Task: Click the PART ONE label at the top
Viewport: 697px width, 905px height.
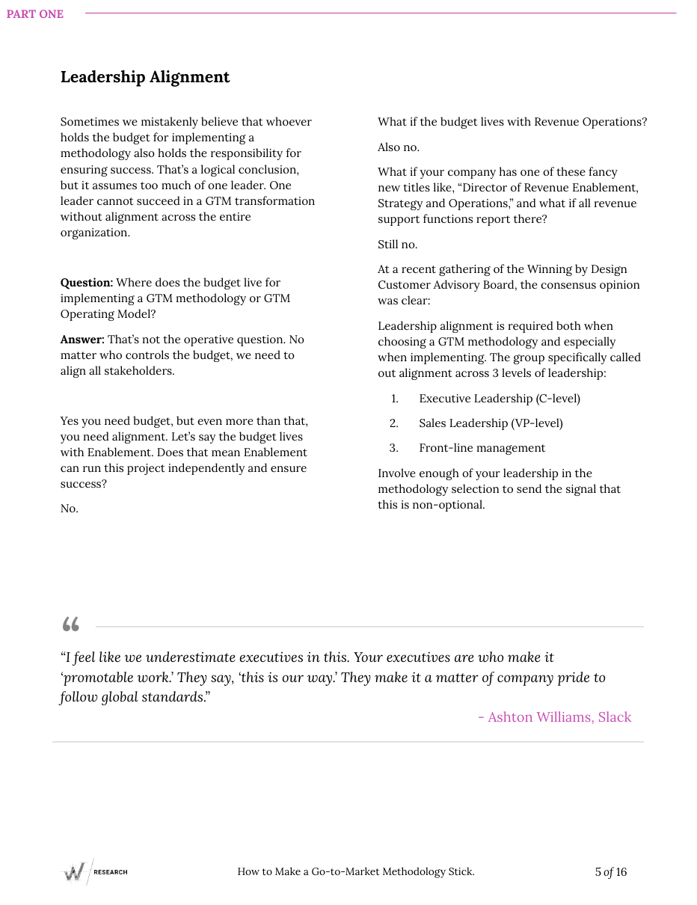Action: pyautogui.click(x=35, y=14)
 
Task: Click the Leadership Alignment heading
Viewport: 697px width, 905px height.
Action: pyautogui.click(x=145, y=77)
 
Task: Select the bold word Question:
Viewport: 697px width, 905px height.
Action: pyautogui.click(x=87, y=283)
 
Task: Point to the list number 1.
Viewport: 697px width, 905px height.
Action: pyautogui.click(x=395, y=399)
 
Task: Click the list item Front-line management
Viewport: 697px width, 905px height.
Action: pyautogui.click(x=482, y=448)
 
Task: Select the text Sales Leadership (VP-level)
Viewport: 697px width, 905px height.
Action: pyautogui.click(x=491, y=423)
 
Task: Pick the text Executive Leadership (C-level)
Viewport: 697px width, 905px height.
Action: pyautogui.click(x=499, y=399)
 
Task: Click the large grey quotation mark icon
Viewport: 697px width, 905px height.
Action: pyautogui.click(x=71, y=625)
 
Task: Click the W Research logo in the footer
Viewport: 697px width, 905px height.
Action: pyautogui.click(x=94, y=871)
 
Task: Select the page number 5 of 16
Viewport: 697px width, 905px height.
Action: pyautogui.click(x=610, y=871)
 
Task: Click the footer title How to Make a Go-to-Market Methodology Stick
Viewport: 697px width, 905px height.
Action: pyautogui.click(x=356, y=871)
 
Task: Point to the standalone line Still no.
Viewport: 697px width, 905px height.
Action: pyautogui.click(x=397, y=245)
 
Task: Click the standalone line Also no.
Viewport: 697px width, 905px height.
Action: pyautogui.click(x=399, y=147)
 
